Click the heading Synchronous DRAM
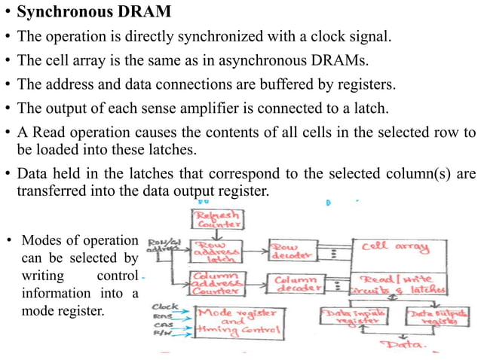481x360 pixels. pyautogui.click(x=93, y=13)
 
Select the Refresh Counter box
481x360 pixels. pyautogui.click(x=219, y=218)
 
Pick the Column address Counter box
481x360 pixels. pyautogui.click(x=217, y=284)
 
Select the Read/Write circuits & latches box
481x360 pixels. pyautogui.click(x=397, y=283)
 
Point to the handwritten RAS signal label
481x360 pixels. pyautogui.click(x=161, y=316)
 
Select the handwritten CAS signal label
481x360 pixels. pyautogui.click(x=161, y=325)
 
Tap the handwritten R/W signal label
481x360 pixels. pyautogui.click(x=161, y=333)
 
